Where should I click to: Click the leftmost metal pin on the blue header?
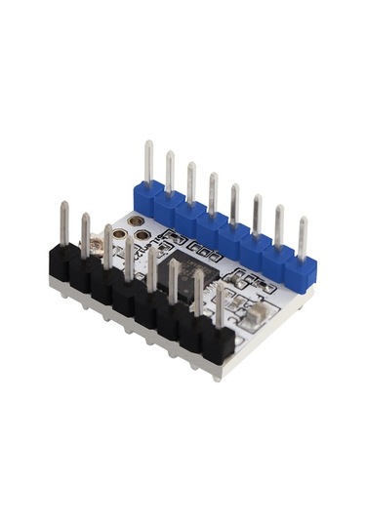(148, 163)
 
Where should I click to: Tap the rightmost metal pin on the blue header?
(303, 238)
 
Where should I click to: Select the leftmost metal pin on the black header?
(64, 223)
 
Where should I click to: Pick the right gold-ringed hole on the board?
(142, 235)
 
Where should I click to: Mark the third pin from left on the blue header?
(191, 183)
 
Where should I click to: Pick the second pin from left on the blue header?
(170, 173)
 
